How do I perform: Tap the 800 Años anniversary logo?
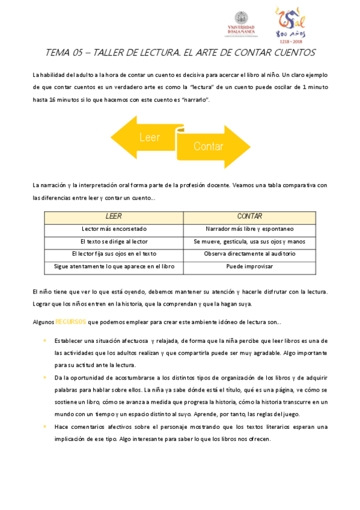point(291,25)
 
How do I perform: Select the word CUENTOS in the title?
point(290,53)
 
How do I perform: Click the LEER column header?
point(114,217)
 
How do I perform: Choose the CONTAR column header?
point(249,217)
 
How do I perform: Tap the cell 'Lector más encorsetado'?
point(114,229)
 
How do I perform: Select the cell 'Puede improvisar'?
point(249,266)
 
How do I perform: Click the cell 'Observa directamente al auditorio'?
point(249,254)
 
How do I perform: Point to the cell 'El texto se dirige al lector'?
point(114,241)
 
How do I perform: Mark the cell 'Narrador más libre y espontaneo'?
point(249,229)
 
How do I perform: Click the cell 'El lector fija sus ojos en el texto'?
point(114,254)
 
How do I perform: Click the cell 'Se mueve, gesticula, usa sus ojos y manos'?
point(249,241)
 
